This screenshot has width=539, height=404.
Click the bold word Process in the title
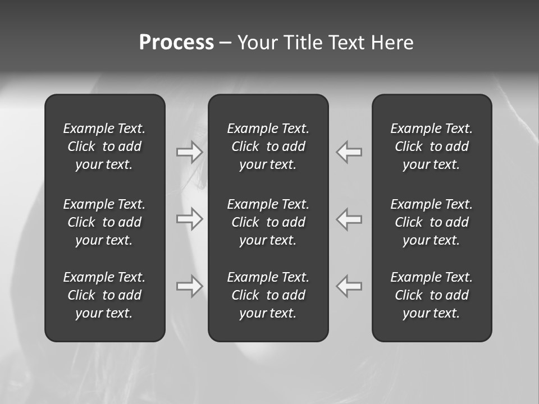176,43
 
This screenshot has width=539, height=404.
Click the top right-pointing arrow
189,151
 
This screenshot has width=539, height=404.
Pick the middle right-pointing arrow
189,219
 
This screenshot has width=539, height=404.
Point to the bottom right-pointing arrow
189,286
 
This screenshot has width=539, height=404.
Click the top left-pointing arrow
349,151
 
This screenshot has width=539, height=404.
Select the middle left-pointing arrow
349,219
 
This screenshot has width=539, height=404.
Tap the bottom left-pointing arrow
349,286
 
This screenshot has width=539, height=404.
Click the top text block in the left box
104,146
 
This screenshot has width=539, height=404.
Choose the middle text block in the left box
104,222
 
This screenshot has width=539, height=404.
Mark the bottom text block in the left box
104,295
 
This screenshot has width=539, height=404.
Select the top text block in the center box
268,146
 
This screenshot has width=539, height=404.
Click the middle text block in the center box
268,222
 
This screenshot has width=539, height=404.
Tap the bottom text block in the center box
268,295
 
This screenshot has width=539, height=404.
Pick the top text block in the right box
431,146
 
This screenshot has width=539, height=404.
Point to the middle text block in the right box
431,222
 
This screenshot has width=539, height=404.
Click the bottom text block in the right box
431,295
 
